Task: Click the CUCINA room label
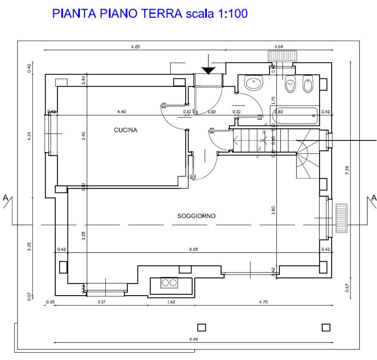coord(125,130)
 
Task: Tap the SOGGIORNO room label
coord(196,216)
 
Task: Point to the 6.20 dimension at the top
coord(135,47)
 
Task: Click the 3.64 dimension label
coord(279,47)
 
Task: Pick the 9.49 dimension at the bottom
coord(193,339)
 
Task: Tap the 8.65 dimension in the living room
coord(193,249)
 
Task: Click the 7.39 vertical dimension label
coord(347,171)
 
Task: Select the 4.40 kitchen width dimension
coord(121,112)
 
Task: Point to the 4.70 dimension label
coord(263,302)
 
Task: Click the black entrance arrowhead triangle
coord(208,70)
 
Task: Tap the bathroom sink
coord(254,84)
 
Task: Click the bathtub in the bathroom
coord(294,116)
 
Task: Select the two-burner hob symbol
coord(169,283)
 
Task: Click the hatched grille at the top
coord(282,55)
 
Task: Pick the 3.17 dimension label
coord(101,302)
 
